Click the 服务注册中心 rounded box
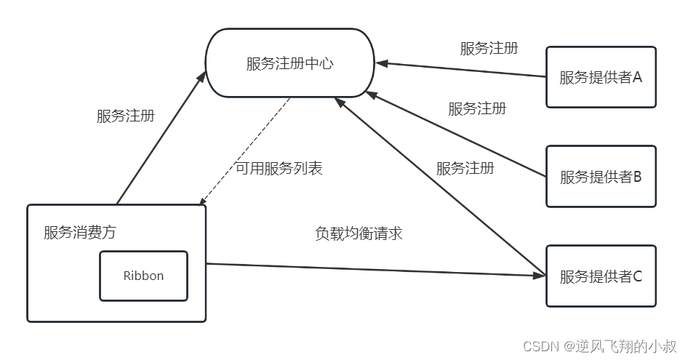(x=289, y=63)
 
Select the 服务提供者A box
(x=601, y=77)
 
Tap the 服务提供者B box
(x=601, y=176)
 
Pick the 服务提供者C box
(x=601, y=276)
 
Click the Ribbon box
(x=143, y=276)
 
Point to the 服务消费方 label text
(x=79, y=233)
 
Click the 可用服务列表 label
(x=279, y=168)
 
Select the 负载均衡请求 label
(x=359, y=233)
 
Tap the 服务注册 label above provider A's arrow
(x=489, y=49)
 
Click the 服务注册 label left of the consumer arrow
(x=125, y=116)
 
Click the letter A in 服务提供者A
(x=636, y=77)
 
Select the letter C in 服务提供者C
(x=636, y=276)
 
